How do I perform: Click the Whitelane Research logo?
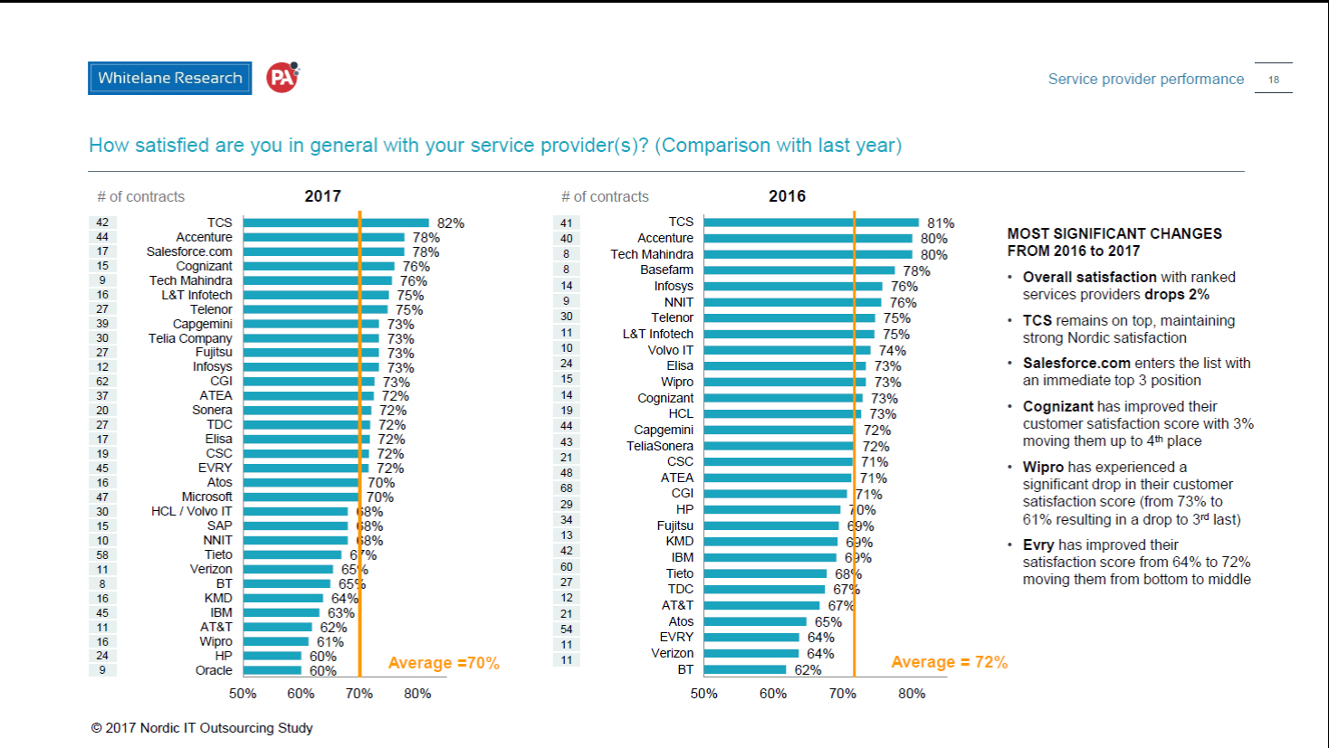click(x=169, y=78)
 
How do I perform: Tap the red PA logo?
click(x=282, y=78)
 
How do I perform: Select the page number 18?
click(x=1273, y=80)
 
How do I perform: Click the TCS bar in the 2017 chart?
click(x=335, y=223)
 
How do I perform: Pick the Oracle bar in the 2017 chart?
click(x=272, y=670)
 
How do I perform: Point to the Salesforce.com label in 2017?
click(x=189, y=251)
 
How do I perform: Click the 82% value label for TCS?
click(x=450, y=223)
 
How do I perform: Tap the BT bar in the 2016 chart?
click(x=744, y=669)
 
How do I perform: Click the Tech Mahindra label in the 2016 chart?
click(x=652, y=254)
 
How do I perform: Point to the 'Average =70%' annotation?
click(x=444, y=663)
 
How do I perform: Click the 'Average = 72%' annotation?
click(x=949, y=662)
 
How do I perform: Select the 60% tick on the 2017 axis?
click(x=301, y=694)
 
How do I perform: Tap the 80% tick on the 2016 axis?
click(x=912, y=694)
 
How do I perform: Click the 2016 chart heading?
click(x=787, y=196)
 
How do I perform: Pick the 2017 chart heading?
click(x=322, y=196)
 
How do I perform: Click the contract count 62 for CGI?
click(x=102, y=382)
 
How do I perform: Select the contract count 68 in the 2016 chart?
click(x=566, y=488)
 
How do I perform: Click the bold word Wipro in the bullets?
click(x=1043, y=467)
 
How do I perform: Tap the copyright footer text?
click(x=202, y=728)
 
